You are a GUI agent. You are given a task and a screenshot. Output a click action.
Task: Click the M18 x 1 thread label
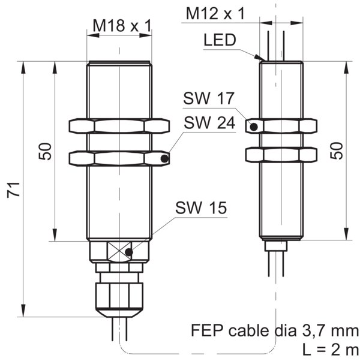coord(122,26)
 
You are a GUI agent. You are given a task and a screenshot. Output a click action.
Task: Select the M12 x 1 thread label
coord(215,13)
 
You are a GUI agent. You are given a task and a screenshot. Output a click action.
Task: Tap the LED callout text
coord(220,40)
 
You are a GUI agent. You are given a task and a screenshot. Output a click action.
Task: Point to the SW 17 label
coord(208,98)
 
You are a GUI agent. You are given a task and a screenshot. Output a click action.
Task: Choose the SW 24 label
coord(209,122)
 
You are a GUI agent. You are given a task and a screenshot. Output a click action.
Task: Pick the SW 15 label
coord(201,207)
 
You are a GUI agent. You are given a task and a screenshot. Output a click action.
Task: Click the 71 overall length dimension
coord(13,189)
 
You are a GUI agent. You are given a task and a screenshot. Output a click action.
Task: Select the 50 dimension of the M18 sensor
coord(45,151)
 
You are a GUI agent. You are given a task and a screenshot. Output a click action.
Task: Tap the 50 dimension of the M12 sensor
coord(336,151)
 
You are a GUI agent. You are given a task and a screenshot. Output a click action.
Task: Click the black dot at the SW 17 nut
coord(254,127)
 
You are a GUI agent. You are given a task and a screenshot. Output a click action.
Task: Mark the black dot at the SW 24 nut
coord(164,159)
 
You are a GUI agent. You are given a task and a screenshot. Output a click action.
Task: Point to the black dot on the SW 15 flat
coord(129,252)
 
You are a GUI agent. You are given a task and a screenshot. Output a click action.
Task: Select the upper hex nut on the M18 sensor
coord(119,126)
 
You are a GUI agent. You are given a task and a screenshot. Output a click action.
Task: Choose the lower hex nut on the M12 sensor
coord(281,155)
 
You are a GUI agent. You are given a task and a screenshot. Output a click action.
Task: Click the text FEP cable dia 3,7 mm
coord(275,330)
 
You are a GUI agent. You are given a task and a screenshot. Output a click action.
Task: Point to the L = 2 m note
coord(331,350)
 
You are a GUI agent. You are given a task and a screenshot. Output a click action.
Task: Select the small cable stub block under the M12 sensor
coord(276,246)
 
